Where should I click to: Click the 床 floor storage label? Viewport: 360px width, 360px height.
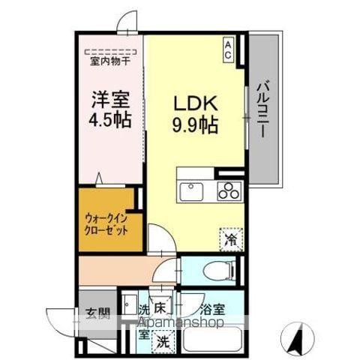pyautogui.click(x=159, y=308)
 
